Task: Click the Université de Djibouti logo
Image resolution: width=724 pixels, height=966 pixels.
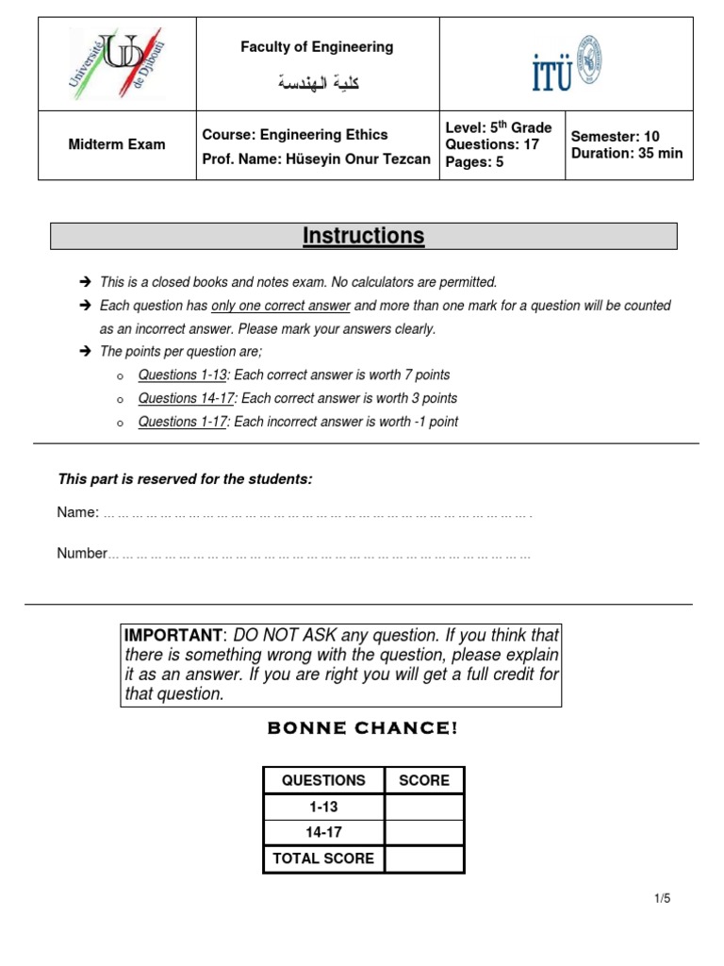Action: [x=117, y=62]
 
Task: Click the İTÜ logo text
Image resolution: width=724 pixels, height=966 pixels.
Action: [x=552, y=74]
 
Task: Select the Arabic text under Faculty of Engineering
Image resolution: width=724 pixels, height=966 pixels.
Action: [x=318, y=84]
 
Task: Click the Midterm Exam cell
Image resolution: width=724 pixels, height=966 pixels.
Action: [x=117, y=144]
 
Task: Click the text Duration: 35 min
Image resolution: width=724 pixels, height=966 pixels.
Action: [x=626, y=153]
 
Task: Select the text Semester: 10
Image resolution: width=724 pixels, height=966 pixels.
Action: [x=615, y=136]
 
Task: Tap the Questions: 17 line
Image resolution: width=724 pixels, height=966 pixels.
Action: [x=492, y=144]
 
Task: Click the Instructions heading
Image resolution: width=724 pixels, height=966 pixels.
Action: [x=363, y=236]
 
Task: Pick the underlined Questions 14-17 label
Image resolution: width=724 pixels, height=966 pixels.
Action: [x=186, y=398]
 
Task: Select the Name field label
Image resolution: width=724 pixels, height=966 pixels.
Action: [x=77, y=512]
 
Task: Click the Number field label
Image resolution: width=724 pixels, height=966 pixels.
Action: [x=82, y=554]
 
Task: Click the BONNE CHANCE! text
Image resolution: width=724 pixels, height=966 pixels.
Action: [x=363, y=729]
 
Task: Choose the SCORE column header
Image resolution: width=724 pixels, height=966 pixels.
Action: [x=424, y=780]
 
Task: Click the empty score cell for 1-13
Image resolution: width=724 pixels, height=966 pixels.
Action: [x=424, y=807]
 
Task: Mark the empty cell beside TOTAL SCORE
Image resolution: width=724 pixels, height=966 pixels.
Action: [x=424, y=858]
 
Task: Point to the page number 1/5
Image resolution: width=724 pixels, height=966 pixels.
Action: [x=662, y=899]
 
